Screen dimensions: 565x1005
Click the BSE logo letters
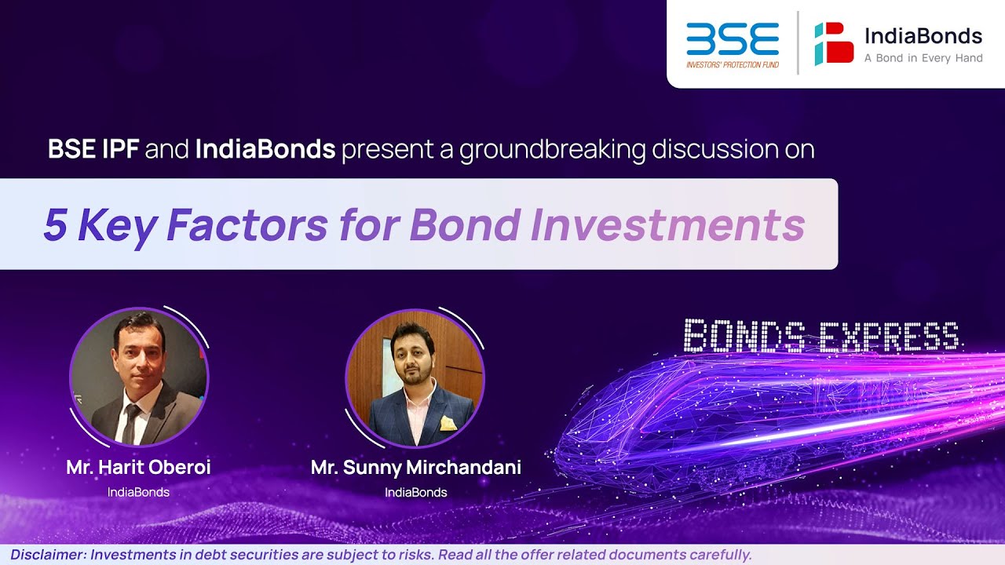[x=732, y=39]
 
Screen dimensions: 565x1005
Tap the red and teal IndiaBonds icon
[x=834, y=43]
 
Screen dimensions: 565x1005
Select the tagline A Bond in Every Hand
[x=923, y=58]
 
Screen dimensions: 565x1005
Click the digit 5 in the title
[x=54, y=225]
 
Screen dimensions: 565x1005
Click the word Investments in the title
[x=667, y=225]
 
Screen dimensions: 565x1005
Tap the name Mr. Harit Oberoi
[x=138, y=468]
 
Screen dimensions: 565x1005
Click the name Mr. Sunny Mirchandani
[x=416, y=468]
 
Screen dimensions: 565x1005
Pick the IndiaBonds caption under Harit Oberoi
[x=138, y=492]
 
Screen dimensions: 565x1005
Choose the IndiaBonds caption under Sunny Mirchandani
[x=416, y=492]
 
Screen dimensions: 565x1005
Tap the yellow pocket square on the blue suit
[x=448, y=424]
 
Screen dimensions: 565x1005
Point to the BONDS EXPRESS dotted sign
[x=820, y=336]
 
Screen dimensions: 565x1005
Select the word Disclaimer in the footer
[x=46, y=555]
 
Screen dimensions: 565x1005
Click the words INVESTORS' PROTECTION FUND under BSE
[x=733, y=64]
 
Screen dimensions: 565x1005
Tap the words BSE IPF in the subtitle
[x=93, y=149]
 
